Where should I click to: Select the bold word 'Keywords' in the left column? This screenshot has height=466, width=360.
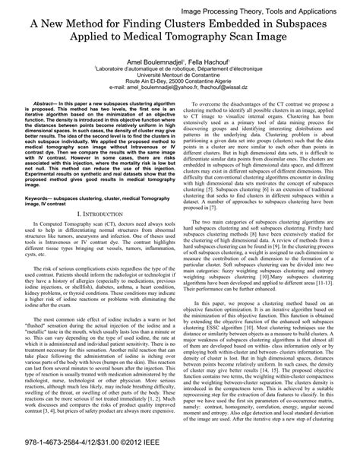click(x=41, y=218)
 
